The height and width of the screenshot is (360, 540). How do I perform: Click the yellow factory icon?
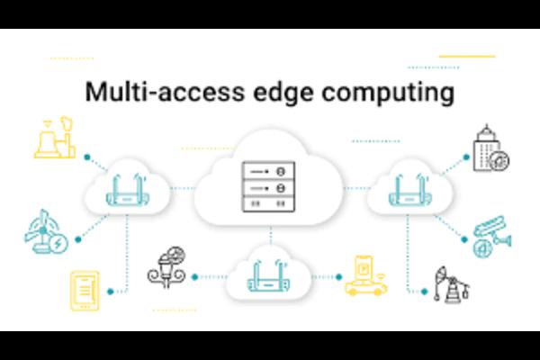click(x=52, y=138)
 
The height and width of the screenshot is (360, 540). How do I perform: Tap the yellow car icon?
click(x=365, y=277)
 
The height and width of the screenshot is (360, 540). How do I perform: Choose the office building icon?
click(x=491, y=148)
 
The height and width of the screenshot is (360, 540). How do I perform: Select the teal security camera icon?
click(x=491, y=235)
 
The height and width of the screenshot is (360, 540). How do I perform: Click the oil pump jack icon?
click(x=450, y=283)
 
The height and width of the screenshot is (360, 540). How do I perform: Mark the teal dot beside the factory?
click(x=86, y=156)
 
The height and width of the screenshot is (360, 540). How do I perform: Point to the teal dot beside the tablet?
click(x=112, y=290)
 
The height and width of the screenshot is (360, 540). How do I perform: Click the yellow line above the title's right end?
click(x=467, y=57)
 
